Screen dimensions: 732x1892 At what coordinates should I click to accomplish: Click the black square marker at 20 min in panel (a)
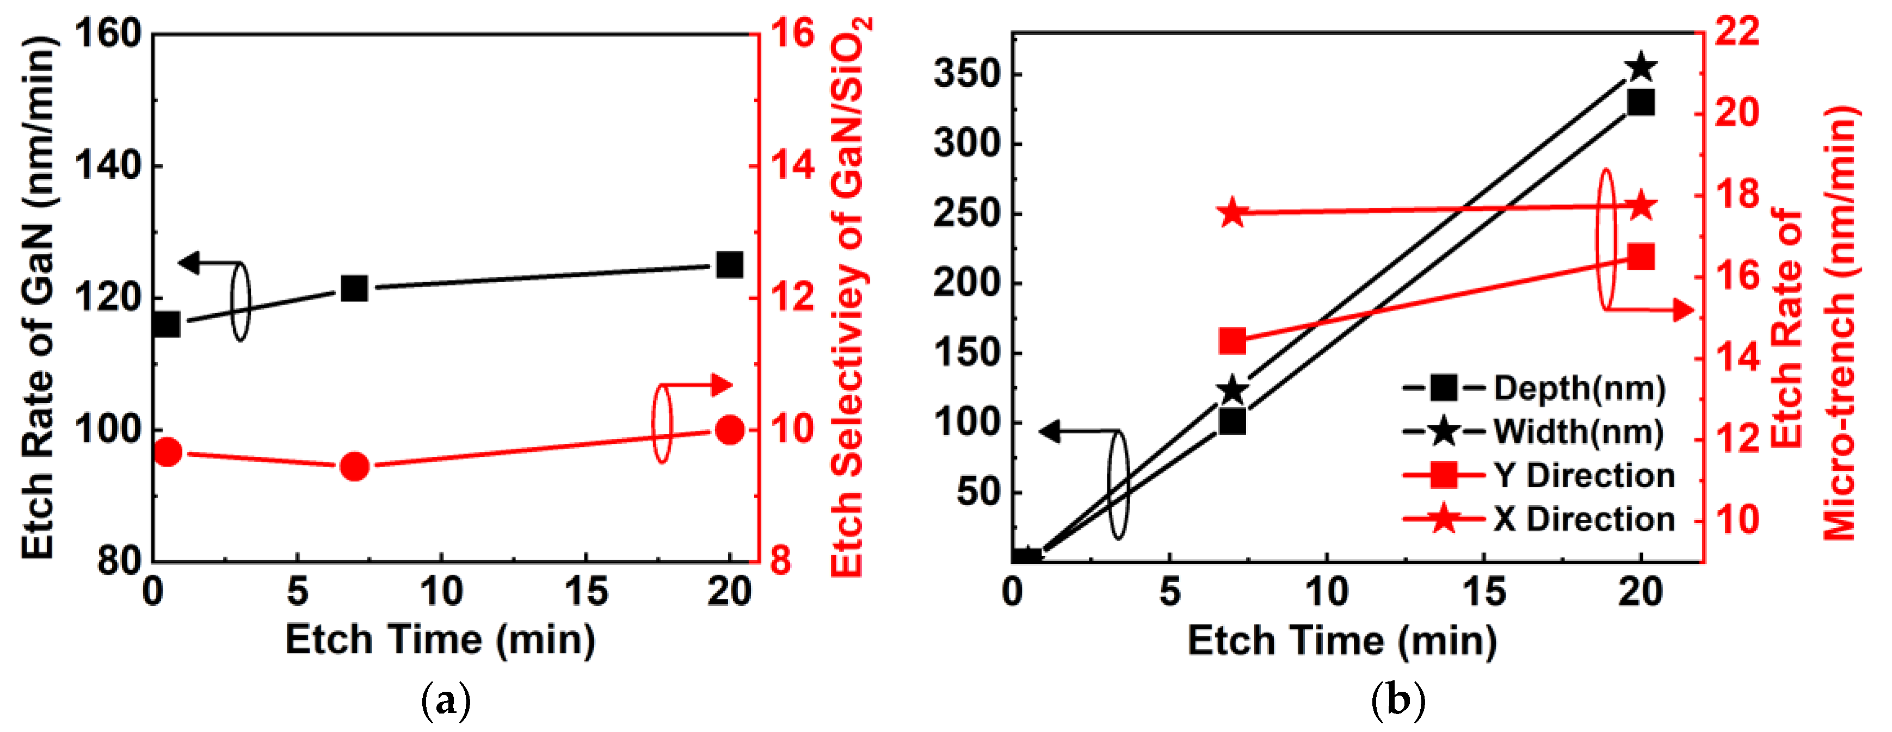(729, 264)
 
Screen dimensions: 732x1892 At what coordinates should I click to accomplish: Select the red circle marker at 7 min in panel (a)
(354, 466)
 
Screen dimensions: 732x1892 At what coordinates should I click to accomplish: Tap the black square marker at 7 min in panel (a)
(354, 289)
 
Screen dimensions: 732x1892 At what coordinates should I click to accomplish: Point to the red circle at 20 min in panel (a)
(729, 430)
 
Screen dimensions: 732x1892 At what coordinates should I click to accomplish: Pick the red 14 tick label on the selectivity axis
(792, 165)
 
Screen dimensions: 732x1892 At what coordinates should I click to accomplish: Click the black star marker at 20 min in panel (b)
(1641, 67)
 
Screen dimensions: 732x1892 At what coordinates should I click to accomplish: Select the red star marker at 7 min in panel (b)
(1232, 213)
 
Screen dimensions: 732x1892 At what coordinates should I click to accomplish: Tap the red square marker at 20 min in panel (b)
(1641, 258)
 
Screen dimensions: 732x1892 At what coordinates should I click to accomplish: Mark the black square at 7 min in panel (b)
(1232, 422)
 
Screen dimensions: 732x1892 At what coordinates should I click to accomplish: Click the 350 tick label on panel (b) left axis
(967, 73)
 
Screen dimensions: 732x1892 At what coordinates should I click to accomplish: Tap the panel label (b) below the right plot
(1398, 701)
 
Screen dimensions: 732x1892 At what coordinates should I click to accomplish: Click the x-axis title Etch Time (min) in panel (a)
(440, 640)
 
